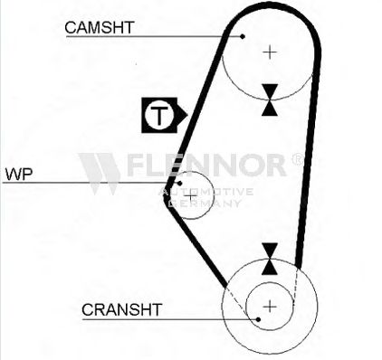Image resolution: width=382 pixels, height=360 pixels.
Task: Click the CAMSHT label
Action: coord(100,28)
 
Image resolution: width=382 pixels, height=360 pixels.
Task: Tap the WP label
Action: coord(19,175)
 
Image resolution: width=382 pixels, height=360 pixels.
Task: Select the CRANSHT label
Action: coord(122,309)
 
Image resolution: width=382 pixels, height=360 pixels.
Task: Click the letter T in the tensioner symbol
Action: coord(159,116)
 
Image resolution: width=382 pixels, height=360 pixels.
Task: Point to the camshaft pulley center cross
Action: coord(270,52)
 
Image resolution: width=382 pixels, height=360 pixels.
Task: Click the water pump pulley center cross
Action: coord(190,196)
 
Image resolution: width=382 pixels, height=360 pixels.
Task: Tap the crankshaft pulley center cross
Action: coord(270,307)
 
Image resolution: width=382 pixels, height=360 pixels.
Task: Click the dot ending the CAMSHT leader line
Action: coord(243,36)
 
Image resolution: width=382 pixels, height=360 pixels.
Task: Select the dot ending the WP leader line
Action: coord(179,183)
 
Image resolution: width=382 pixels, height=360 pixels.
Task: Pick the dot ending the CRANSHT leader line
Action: coord(258,319)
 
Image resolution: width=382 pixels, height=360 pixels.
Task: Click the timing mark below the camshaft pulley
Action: coord(270,99)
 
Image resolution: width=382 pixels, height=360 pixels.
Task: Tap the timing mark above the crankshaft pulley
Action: coord(270,259)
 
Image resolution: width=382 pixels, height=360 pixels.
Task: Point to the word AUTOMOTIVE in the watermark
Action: coord(206,192)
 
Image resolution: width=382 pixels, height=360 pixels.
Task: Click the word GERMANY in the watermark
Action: coord(205,204)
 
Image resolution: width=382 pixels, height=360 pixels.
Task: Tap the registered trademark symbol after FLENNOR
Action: coord(297,159)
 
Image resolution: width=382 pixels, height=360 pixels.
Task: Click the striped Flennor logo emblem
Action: coord(100,174)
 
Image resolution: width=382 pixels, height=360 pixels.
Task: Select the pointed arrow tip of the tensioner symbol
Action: coord(187,115)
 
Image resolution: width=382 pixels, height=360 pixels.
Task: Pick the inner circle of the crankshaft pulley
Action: coord(293,307)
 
